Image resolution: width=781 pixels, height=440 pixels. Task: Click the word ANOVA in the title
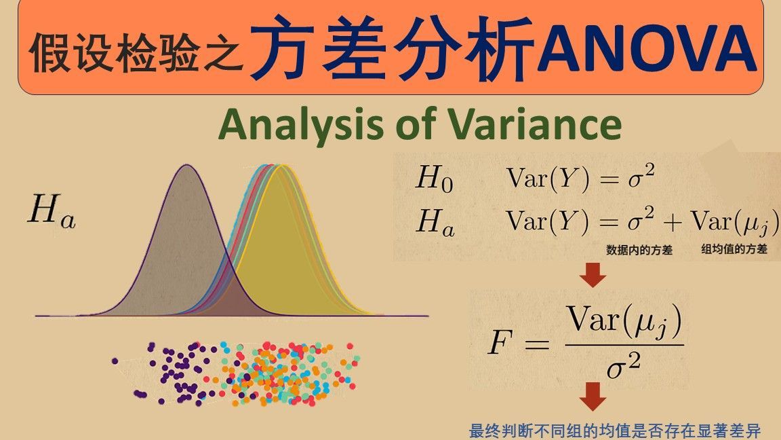point(646,48)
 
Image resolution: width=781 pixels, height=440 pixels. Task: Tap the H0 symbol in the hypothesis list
point(435,178)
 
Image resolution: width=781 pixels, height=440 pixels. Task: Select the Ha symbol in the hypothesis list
point(435,222)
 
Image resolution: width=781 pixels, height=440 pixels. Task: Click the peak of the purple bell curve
point(187,165)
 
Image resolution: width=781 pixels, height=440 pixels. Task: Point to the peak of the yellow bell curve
point(282,165)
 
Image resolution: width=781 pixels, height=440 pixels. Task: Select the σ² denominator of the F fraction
point(623,367)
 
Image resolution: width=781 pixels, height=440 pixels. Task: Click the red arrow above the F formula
point(593,274)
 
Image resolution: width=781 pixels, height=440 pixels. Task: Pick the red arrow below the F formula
point(593,397)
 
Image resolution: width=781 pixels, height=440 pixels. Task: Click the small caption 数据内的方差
point(639,250)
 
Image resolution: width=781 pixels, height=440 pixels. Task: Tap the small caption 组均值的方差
point(734,249)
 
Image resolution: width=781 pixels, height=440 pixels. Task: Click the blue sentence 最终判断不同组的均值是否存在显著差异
point(615,430)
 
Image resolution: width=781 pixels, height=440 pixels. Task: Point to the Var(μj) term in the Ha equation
point(734,222)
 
